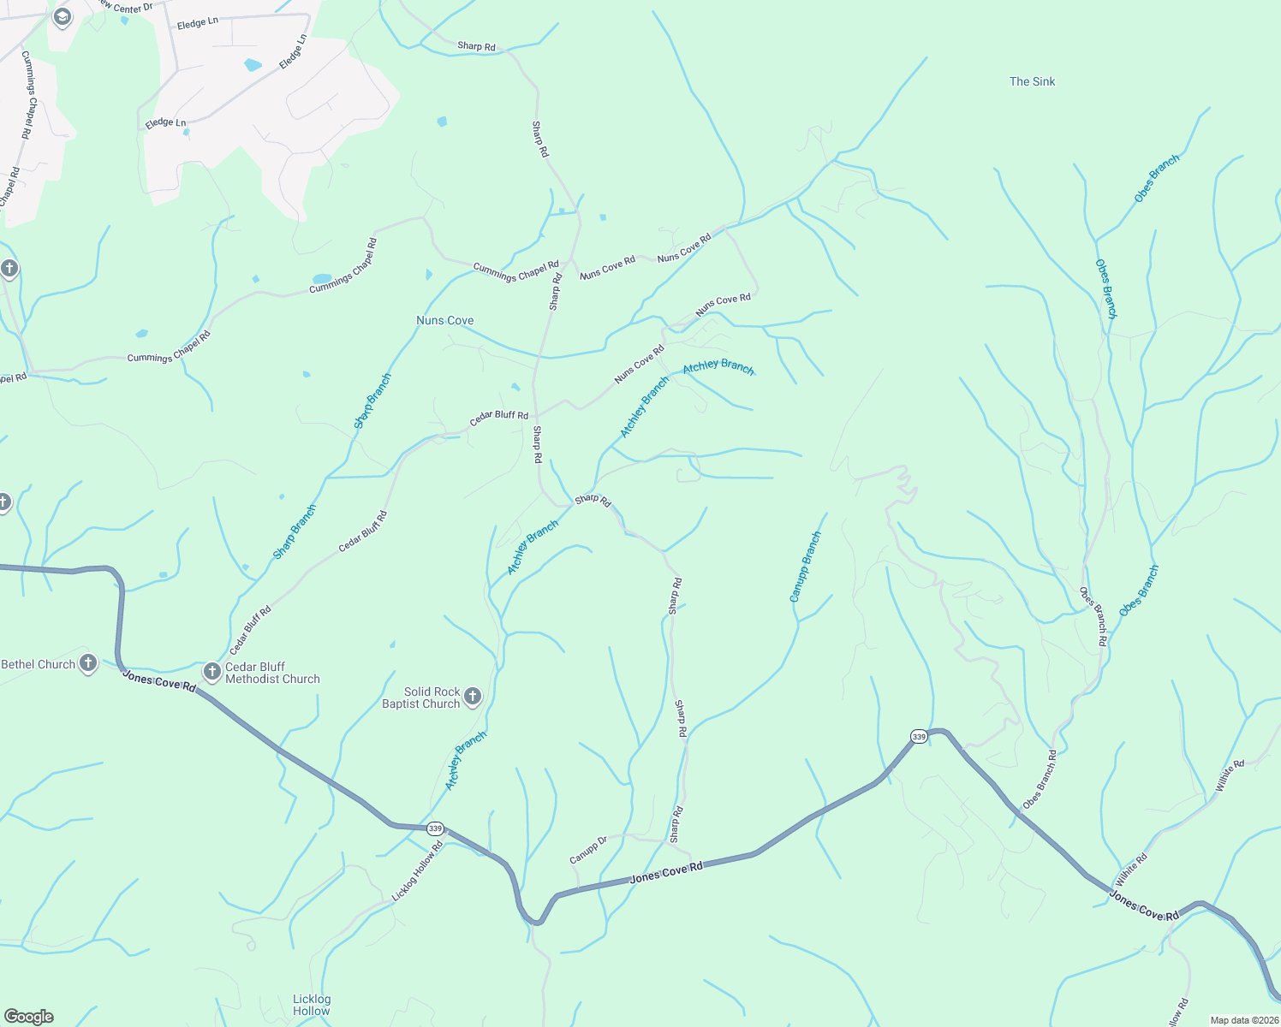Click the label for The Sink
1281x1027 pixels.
coord(1032,81)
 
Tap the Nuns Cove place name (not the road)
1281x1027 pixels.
coord(444,320)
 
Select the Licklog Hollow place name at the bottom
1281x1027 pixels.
coord(312,1005)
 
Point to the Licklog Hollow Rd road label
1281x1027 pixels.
coord(418,871)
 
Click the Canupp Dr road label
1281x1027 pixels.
coord(588,850)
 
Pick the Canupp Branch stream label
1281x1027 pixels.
coord(805,567)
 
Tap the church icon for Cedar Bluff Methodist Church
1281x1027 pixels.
coord(212,672)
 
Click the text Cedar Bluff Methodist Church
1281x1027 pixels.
coord(272,673)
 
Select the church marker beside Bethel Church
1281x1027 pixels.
coord(88,662)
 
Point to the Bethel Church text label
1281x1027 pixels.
coord(39,664)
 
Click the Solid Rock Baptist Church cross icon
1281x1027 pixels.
coord(473,697)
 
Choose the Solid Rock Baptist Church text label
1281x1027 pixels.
coord(421,698)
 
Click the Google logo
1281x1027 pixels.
coord(29,1017)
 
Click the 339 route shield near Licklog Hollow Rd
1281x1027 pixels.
coord(436,828)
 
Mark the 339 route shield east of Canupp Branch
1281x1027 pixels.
coord(919,736)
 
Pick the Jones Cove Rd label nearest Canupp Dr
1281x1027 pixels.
coord(666,873)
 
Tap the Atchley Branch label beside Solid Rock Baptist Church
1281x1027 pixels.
coord(466,761)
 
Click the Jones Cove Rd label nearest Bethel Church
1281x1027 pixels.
coord(159,681)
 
